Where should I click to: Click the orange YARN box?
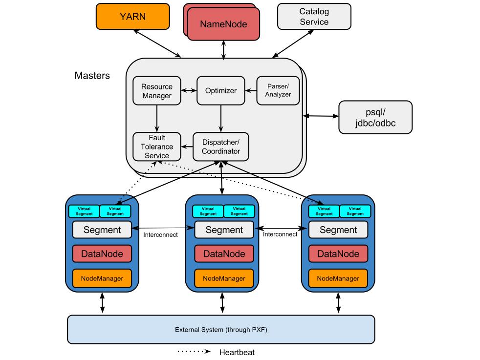[x=132, y=16]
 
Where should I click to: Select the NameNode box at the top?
[x=223, y=24]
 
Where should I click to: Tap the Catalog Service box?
[x=314, y=17]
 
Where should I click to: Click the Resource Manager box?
[x=157, y=91]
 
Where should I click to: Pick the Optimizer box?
[x=221, y=91]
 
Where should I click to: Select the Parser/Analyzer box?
[x=278, y=91]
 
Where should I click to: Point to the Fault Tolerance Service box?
[x=157, y=147]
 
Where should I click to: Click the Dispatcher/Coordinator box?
[x=221, y=147]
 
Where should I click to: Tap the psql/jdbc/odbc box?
[x=375, y=117]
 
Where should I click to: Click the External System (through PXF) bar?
[x=221, y=330]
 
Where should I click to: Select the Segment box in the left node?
[x=102, y=230]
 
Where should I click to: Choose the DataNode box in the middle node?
[x=224, y=254]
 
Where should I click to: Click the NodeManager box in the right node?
[x=338, y=278]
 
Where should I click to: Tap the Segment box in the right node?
[x=338, y=230]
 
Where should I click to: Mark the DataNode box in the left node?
[x=102, y=254]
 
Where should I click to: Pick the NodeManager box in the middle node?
[x=224, y=278]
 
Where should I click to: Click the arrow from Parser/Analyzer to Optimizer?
[x=251, y=90]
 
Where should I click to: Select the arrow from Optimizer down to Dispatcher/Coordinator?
[x=221, y=119]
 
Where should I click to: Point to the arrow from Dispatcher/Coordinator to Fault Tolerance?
[x=187, y=146]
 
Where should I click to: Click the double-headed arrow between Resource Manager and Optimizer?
[x=189, y=90]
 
